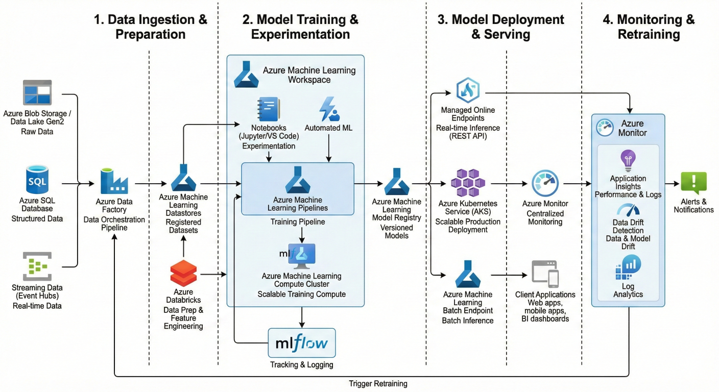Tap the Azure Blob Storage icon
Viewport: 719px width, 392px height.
point(37,92)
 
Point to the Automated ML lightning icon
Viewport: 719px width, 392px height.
point(328,109)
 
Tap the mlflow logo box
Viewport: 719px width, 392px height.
point(302,342)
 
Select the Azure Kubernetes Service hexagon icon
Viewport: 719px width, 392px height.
point(467,183)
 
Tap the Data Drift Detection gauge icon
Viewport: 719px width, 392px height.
point(628,210)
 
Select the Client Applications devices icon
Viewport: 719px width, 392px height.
point(545,274)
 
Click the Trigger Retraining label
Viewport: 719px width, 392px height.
point(378,383)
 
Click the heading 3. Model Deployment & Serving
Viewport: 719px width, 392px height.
point(500,27)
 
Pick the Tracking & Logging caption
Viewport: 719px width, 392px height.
point(301,364)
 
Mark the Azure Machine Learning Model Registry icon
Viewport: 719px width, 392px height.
point(396,182)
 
